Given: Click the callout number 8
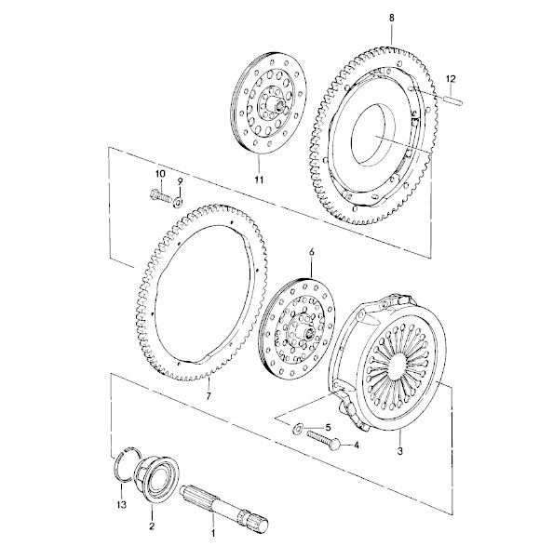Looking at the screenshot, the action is point(392,19).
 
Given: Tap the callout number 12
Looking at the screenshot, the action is point(451,79).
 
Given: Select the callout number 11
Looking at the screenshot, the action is point(259,180).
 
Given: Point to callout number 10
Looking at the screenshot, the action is point(160,174).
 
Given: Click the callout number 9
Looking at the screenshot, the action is point(180,180).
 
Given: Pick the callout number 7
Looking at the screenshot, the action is point(209,395).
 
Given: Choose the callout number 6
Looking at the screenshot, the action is point(312,252).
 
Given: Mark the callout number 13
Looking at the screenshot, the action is point(122,504).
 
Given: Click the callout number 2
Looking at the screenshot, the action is point(152,526).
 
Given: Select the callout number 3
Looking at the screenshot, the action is point(400,451).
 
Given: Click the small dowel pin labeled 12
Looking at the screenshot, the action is point(454,102).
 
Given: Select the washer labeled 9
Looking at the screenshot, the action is point(178,203).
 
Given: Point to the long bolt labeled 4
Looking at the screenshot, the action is point(322,439).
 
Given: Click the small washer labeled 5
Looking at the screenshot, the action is point(297,428).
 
